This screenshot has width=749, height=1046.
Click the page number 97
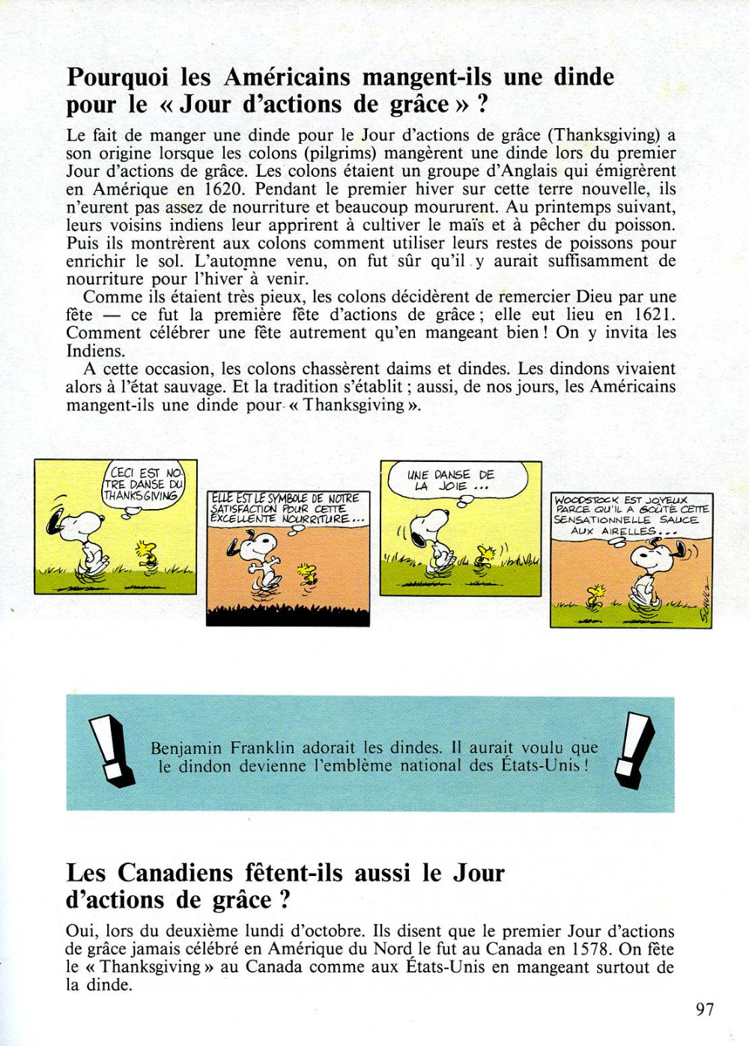(705, 1009)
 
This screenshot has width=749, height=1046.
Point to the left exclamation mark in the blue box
(111, 751)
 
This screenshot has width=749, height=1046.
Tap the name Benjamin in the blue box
(186, 748)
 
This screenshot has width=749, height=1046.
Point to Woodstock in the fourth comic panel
(596, 597)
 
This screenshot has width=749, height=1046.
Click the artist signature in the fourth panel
(703, 602)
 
